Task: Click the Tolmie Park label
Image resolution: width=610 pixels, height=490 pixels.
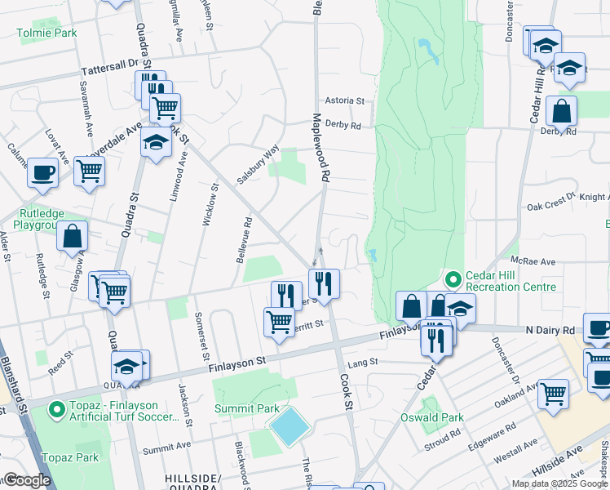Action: [46, 33]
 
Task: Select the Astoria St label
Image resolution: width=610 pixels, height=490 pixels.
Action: [344, 100]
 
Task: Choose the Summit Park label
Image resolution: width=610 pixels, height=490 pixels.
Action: [247, 408]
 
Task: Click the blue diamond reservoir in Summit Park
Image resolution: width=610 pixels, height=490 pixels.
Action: [290, 425]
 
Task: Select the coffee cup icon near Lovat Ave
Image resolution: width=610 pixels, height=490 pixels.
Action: [42, 172]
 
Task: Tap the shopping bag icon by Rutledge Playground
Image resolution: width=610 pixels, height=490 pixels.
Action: [72, 235]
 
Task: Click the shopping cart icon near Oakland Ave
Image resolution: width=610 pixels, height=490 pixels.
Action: [554, 393]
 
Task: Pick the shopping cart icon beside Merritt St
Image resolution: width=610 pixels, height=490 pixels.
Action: [279, 322]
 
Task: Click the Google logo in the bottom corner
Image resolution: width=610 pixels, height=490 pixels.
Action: [28, 480]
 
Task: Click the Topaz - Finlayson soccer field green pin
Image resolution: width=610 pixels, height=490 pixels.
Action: [55, 408]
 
